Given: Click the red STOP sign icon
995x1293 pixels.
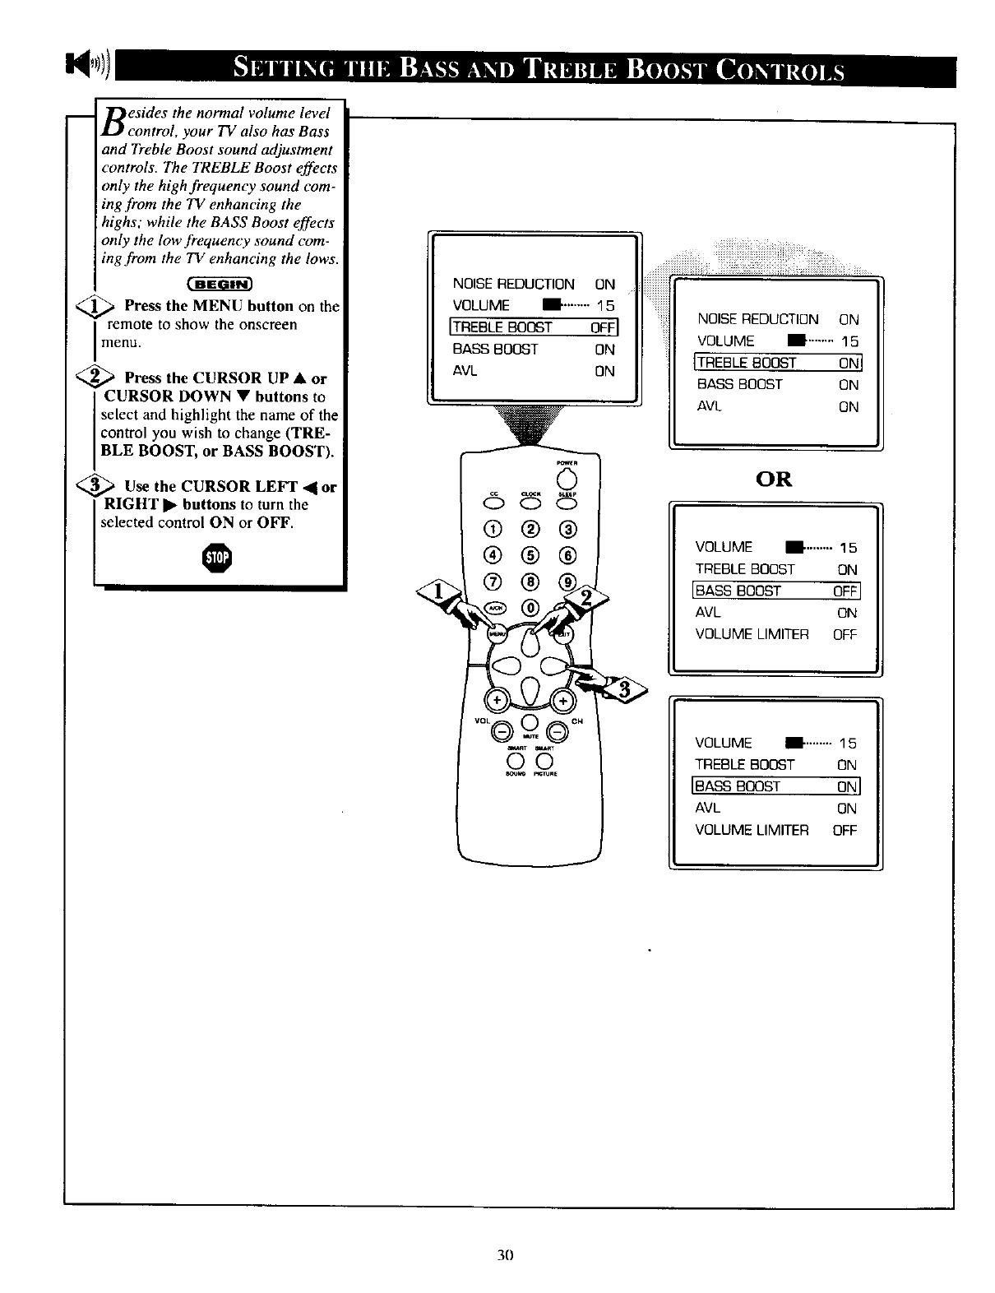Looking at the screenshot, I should click(220, 559).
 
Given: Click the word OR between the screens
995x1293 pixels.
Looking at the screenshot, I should click(774, 479).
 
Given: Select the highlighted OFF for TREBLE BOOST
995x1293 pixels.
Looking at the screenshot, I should click(603, 327).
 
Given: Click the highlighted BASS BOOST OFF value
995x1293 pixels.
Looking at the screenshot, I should click(845, 591).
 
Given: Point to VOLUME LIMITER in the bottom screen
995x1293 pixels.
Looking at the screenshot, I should click(752, 830).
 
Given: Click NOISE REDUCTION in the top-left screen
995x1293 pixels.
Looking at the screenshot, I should click(513, 285).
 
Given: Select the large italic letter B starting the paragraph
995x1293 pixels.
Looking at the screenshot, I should click(110, 120).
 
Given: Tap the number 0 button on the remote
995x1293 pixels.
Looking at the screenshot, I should click(530, 607).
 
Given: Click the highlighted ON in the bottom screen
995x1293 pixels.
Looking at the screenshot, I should click(847, 786).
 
